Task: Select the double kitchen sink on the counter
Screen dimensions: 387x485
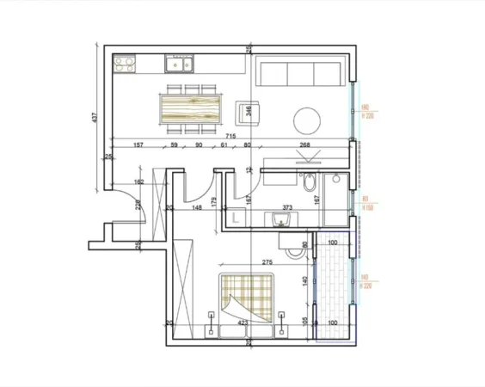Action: click(x=180, y=63)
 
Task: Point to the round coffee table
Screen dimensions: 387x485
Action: click(x=309, y=117)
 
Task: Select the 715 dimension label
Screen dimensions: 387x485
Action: click(x=230, y=137)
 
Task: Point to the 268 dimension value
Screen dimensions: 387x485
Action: click(x=304, y=145)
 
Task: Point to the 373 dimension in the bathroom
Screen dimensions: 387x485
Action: click(x=286, y=207)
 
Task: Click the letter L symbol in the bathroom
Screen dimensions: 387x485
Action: click(x=234, y=221)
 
